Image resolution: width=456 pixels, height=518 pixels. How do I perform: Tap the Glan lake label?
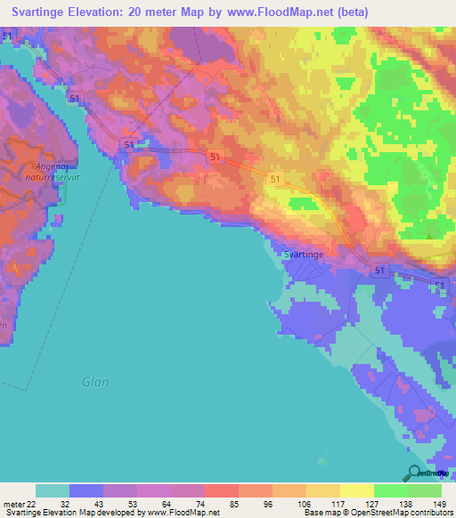(95, 382)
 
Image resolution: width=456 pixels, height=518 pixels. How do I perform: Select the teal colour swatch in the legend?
(53, 490)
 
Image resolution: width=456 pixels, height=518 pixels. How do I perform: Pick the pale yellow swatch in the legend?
(356, 490)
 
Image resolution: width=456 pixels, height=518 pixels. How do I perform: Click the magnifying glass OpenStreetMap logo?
(414, 473)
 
